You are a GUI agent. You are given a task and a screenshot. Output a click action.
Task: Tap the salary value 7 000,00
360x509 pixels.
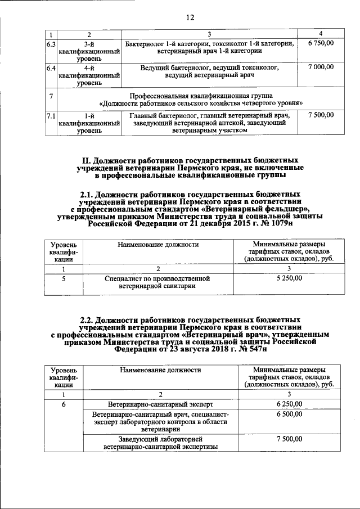[321, 67]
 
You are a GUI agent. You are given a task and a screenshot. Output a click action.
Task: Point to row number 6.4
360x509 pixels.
[50, 67]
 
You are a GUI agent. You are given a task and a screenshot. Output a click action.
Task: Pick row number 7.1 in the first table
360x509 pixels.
[50, 115]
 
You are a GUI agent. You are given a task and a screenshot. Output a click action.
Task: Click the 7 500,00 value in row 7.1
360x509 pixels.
[321, 115]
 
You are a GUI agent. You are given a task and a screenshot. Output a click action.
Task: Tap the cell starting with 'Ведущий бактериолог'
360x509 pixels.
[210, 71]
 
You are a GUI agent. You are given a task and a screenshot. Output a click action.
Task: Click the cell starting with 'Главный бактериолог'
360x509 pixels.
[210, 123]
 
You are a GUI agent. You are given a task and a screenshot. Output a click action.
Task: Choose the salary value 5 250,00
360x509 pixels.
[289, 278]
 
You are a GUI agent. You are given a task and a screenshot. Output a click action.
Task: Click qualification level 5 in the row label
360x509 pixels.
[64, 278]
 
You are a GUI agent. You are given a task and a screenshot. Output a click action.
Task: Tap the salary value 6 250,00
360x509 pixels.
[289, 404]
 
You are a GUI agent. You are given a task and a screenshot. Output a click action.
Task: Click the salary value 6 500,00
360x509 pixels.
[289, 414]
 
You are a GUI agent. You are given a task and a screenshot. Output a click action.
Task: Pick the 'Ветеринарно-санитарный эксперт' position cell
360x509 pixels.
[160, 404]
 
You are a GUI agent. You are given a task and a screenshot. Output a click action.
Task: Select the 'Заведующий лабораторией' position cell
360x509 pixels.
[160, 443]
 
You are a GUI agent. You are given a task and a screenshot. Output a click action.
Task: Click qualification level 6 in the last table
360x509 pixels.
[64, 404]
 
